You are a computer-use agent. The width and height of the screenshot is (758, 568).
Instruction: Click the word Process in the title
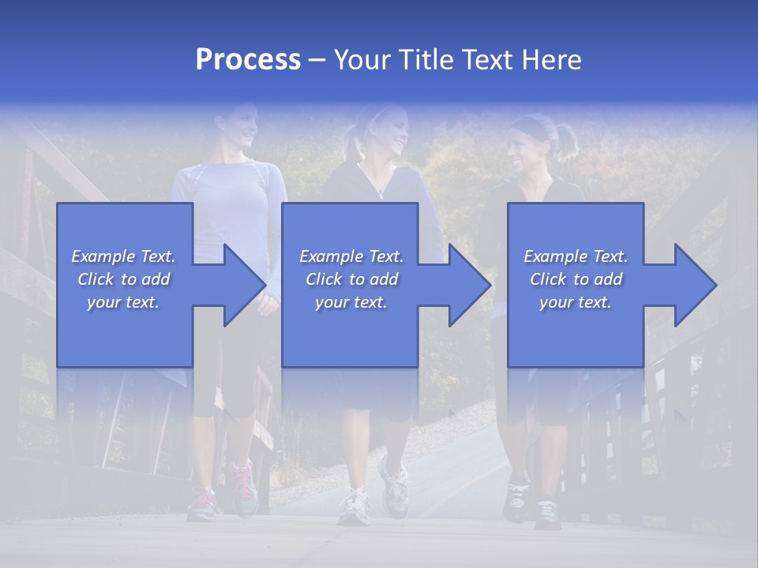click(248, 60)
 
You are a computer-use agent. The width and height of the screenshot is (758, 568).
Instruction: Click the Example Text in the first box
click(123, 256)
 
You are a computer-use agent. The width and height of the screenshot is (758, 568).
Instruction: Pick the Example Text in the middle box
click(351, 256)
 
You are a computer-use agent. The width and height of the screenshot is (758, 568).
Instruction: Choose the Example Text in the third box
click(576, 256)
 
